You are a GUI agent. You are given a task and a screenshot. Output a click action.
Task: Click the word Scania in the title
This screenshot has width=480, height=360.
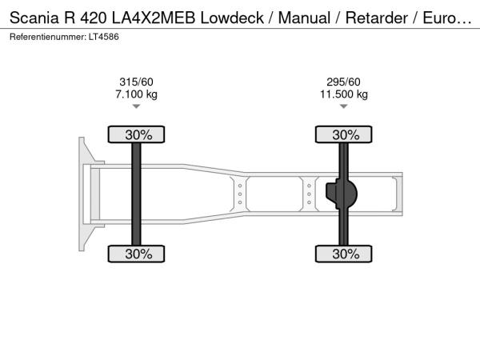pyautogui.click(x=34, y=18)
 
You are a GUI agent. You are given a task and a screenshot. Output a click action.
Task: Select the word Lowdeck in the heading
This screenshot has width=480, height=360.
pyautogui.click(x=232, y=18)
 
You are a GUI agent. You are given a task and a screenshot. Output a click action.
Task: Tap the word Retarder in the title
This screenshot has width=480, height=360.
pyautogui.click(x=377, y=18)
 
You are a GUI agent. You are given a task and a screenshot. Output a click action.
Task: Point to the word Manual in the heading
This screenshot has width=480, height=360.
pyautogui.click(x=304, y=18)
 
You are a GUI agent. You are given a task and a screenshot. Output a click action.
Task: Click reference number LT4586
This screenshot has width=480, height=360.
pyautogui.click(x=104, y=37)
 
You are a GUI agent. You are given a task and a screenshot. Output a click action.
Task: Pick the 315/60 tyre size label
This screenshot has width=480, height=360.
pyautogui.click(x=136, y=82)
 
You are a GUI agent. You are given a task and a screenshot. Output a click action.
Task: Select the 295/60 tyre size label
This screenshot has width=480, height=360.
pyautogui.click(x=343, y=82)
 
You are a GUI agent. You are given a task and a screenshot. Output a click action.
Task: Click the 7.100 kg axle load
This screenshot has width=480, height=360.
pyautogui.click(x=136, y=94)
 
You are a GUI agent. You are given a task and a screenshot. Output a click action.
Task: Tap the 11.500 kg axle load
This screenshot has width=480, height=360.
pyautogui.click(x=344, y=94)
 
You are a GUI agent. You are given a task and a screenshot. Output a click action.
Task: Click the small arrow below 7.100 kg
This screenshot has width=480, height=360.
pyautogui.click(x=136, y=106)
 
